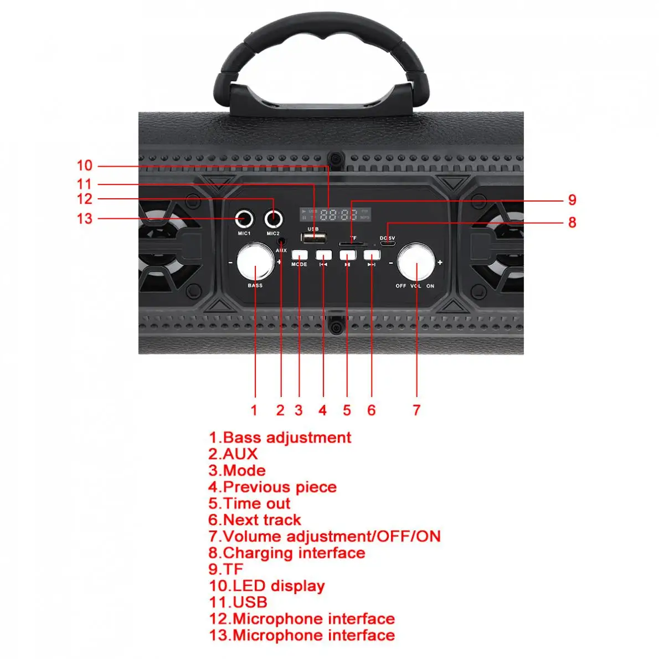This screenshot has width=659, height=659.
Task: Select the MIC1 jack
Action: click(x=244, y=219)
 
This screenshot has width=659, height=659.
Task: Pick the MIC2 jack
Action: click(x=273, y=219)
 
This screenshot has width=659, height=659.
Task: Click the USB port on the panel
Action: click(x=313, y=238)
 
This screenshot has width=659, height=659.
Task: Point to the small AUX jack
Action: click(x=282, y=241)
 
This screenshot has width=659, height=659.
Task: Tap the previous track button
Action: click(x=323, y=255)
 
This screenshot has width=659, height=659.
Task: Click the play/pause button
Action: click(x=347, y=255)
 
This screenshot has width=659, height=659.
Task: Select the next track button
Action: click(x=372, y=255)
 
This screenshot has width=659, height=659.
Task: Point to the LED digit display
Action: click(x=335, y=215)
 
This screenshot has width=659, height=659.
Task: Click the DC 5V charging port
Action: click(x=388, y=243)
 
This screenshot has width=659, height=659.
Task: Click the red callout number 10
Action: click(x=84, y=166)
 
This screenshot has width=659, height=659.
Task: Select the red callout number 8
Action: click(x=572, y=223)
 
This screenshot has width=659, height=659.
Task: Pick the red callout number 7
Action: click(x=416, y=410)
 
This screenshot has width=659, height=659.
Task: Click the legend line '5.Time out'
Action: click(x=249, y=503)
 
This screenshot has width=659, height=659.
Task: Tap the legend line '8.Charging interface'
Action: click(x=286, y=553)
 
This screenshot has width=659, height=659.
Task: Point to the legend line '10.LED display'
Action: click(x=266, y=586)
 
